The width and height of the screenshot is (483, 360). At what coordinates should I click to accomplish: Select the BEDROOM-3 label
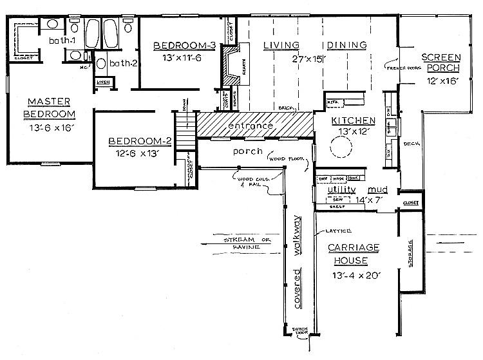tap(178, 46)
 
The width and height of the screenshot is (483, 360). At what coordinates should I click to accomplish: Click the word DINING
tap(346, 45)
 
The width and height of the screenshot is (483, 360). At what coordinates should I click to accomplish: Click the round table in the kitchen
tap(341, 149)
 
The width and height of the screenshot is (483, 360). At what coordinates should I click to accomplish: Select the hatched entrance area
tap(254, 126)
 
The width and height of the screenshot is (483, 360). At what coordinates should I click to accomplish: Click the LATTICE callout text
tap(331, 231)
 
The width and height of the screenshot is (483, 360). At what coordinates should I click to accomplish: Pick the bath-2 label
tap(120, 63)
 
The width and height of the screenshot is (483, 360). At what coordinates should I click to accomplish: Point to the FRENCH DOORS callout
tap(399, 66)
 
